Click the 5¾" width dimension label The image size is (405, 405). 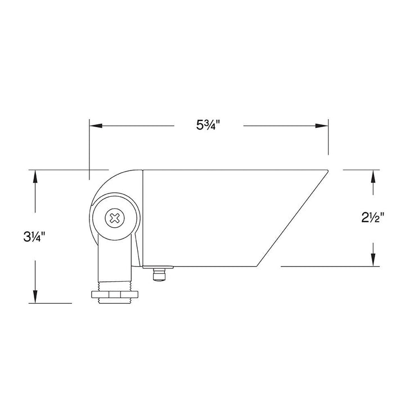coord(208,125)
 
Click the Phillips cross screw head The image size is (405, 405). coord(114,218)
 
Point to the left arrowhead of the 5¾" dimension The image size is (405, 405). coord(96,126)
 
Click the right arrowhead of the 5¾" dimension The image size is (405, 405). coord(322,126)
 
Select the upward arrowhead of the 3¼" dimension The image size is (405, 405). coord(35,177)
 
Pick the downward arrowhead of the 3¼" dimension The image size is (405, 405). coord(35,296)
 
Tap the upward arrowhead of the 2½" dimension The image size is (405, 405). coord(373,177)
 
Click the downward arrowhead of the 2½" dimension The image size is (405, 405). coord(373,259)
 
